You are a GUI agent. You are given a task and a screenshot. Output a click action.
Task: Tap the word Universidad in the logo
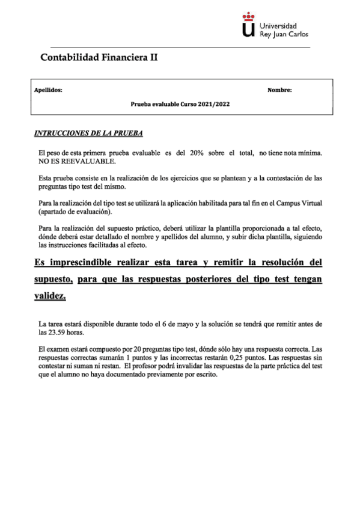point(278,26)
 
